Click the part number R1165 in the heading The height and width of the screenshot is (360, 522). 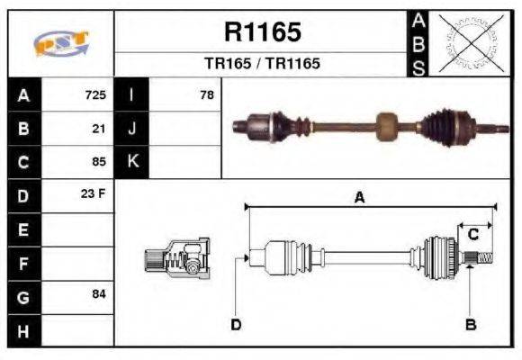click(x=262, y=32)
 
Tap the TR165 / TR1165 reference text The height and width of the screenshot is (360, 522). click(x=262, y=64)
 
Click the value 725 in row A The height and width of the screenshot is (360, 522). click(x=95, y=94)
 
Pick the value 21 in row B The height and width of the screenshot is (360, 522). click(x=99, y=128)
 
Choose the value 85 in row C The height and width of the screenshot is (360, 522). click(x=99, y=162)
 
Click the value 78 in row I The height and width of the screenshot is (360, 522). click(x=207, y=94)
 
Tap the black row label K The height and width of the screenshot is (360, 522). click(x=131, y=162)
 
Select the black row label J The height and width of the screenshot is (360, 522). click(x=131, y=128)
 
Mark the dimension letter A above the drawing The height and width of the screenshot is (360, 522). click(x=359, y=198)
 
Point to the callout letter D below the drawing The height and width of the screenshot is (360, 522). click(x=236, y=324)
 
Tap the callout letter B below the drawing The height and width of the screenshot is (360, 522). click(x=470, y=324)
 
